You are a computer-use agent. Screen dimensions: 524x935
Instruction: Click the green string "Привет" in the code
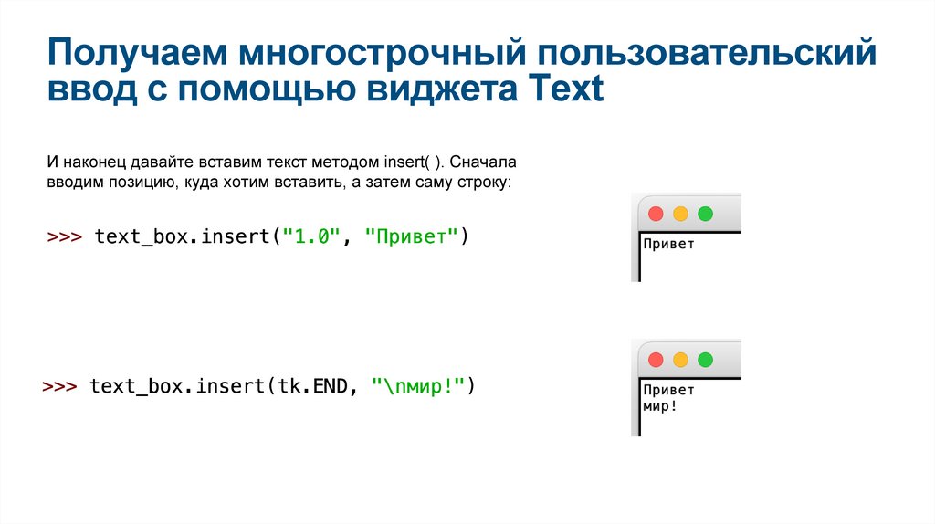[x=411, y=237]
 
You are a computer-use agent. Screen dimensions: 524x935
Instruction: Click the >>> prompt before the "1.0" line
[x=65, y=237]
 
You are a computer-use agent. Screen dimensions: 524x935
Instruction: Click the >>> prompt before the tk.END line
[x=61, y=386]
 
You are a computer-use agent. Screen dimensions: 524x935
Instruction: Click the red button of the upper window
[x=656, y=214]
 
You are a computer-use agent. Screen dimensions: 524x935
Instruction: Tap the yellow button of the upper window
[x=680, y=214]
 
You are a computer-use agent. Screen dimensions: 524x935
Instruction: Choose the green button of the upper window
[x=705, y=214]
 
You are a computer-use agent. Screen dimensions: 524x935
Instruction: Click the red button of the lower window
[x=656, y=360]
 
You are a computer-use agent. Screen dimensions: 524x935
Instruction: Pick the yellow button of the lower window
[x=680, y=360]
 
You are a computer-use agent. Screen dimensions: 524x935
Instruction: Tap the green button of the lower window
[x=705, y=360]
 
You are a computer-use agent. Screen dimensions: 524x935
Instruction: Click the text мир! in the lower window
[x=660, y=406]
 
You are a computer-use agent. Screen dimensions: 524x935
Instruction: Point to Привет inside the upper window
[x=668, y=244]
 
